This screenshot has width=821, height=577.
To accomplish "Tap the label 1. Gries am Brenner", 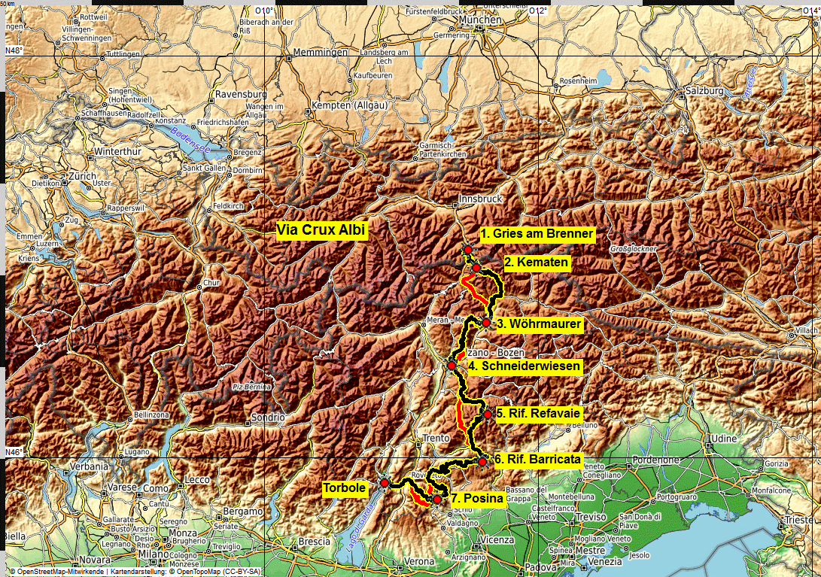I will (x=537, y=234).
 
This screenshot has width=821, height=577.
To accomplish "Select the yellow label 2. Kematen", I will (x=537, y=263).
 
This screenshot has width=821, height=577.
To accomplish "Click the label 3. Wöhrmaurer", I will (x=539, y=324).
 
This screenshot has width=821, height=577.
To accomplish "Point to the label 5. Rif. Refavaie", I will (x=538, y=413).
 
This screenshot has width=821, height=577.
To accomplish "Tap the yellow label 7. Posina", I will (x=476, y=498).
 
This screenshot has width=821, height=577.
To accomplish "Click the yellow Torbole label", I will (x=345, y=488).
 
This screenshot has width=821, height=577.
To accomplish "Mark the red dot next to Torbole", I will (x=384, y=482).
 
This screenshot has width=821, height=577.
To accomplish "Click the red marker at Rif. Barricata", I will (x=482, y=462).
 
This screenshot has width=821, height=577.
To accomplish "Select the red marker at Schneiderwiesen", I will (x=452, y=366).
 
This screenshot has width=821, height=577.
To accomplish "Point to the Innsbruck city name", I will (x=480, y=199).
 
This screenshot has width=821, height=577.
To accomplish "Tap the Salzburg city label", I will (x=704, y=91).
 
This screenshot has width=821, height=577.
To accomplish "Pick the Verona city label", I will (x=419, y=561).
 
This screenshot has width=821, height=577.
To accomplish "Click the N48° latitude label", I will (x=14, y=50).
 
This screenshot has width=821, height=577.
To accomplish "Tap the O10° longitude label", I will (x=265, y=11).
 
